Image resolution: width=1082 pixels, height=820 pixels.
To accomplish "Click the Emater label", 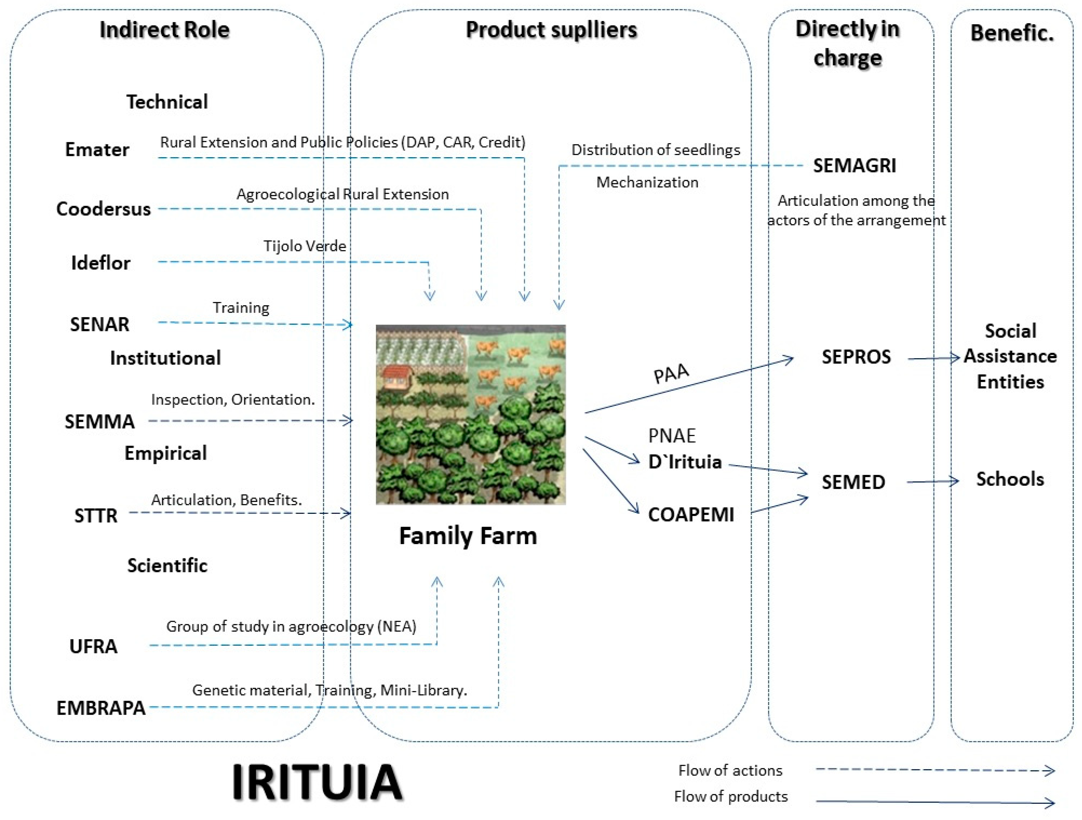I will (97, 150).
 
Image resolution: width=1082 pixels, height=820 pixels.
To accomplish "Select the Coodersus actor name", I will (103, 209).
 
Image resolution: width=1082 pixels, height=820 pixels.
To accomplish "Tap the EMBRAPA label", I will (101, 708).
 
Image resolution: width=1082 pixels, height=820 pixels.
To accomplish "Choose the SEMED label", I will (853, 482).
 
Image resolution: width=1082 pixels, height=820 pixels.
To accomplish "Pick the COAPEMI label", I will (691, 515).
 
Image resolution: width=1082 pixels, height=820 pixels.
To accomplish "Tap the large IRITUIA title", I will (317, 782).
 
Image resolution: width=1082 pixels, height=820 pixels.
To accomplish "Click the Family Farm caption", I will (468, 536).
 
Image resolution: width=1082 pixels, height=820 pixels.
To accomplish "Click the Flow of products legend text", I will (730, 796).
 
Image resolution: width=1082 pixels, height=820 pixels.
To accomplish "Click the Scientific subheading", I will (167, 566).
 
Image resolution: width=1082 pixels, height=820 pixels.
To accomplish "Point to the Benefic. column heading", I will (1012, 33).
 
